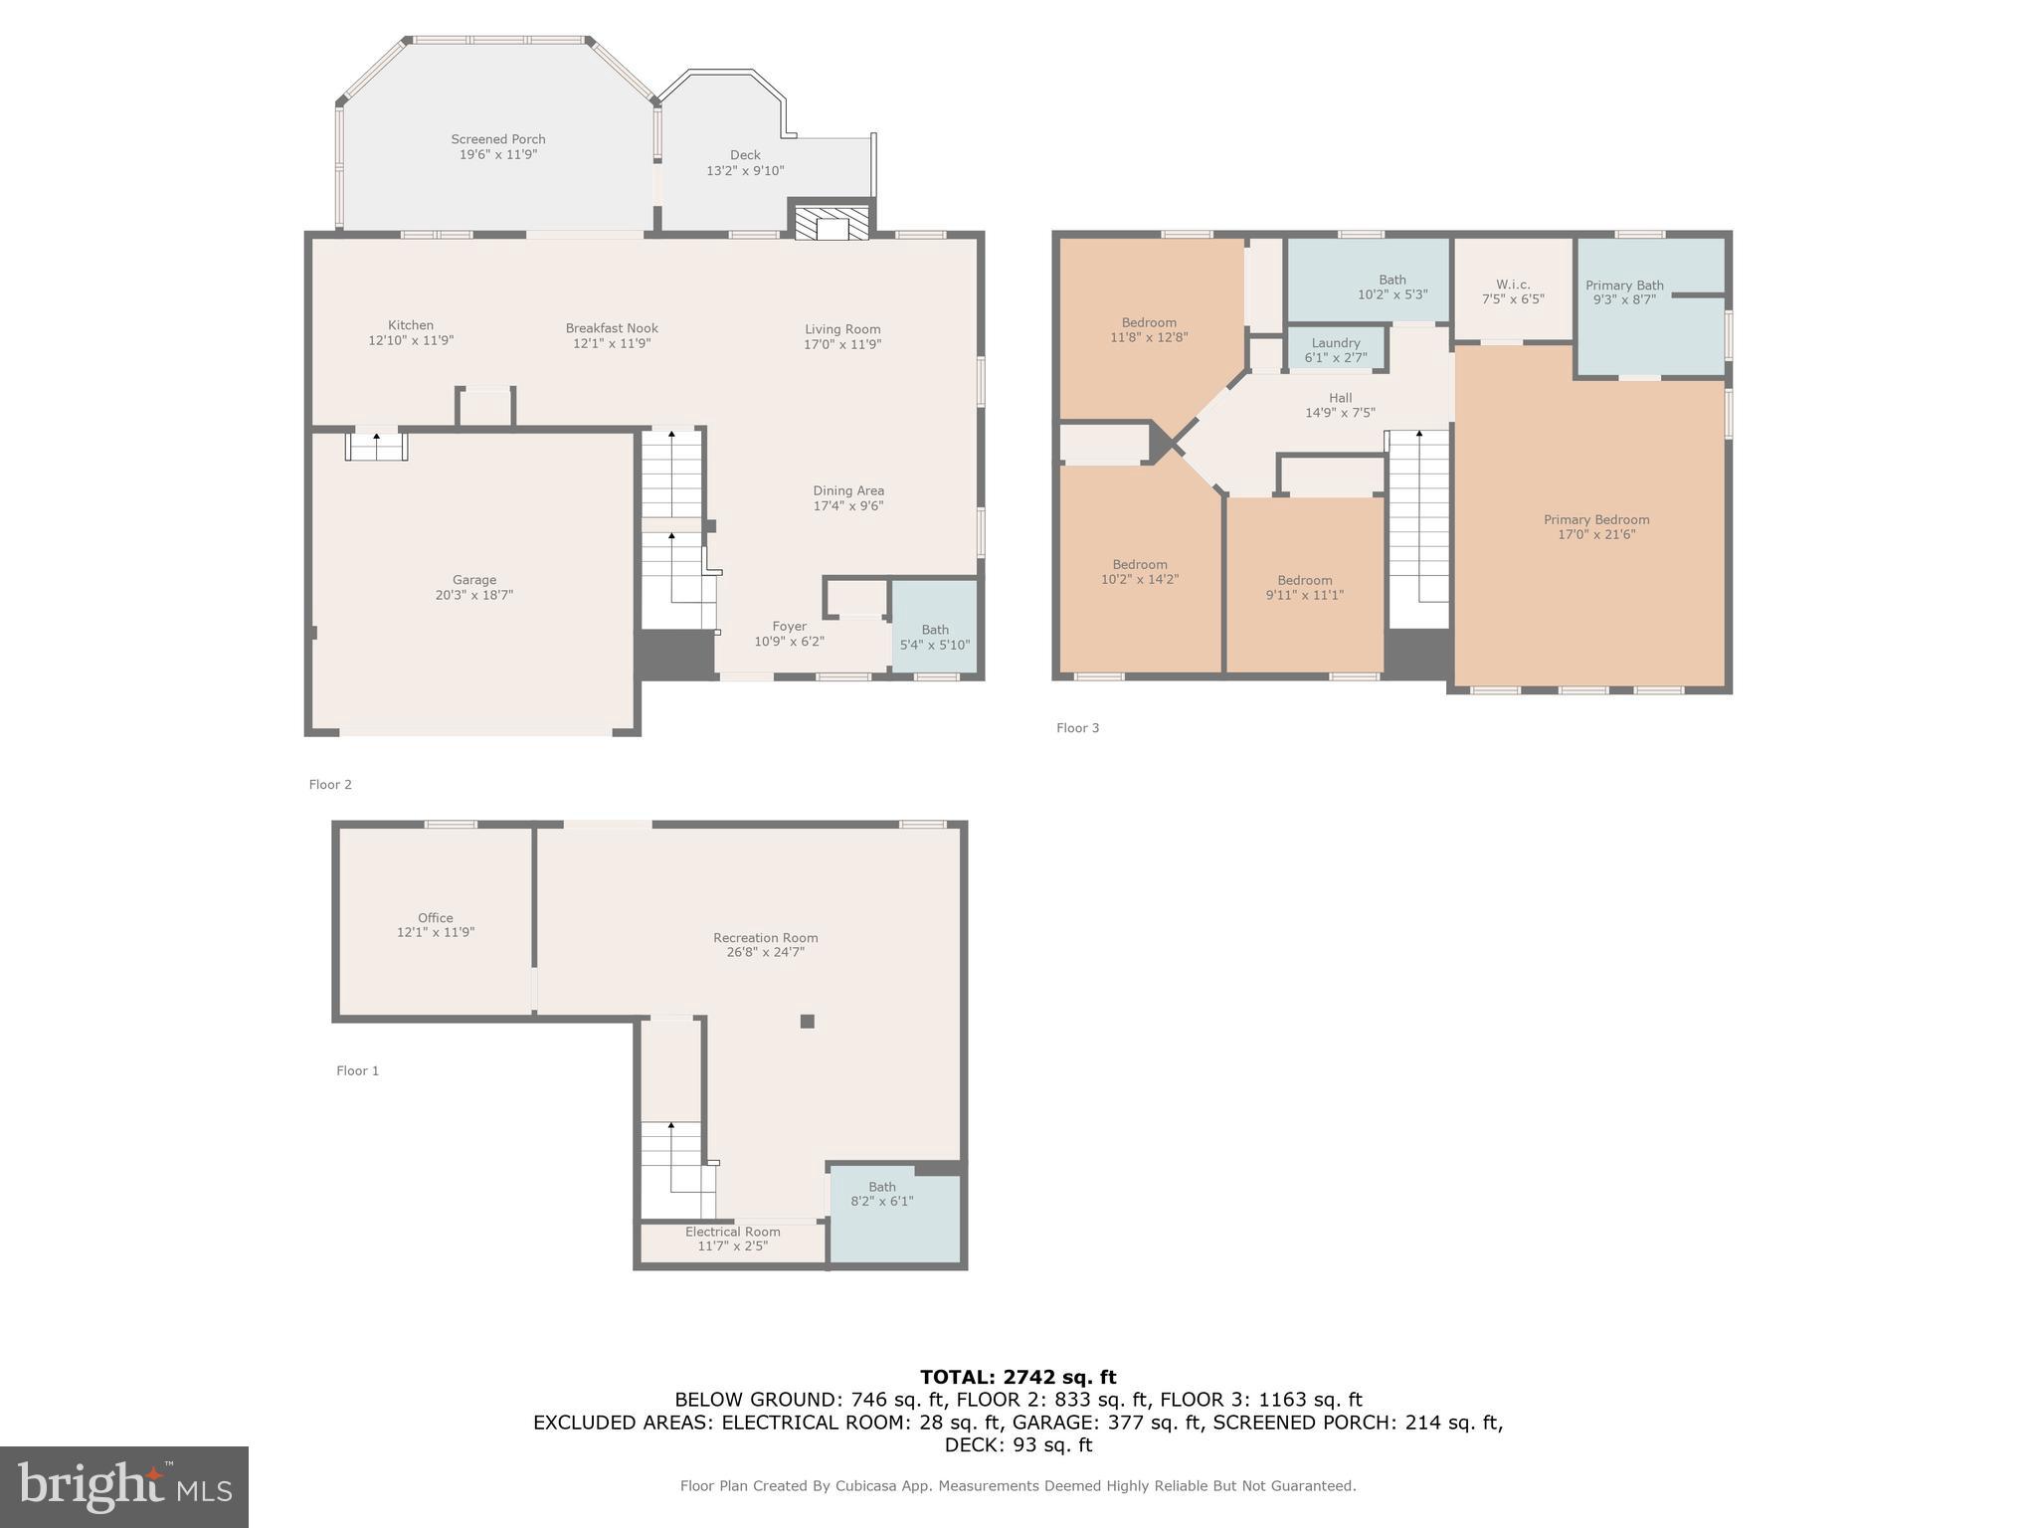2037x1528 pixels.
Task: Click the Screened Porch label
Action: point(497,139)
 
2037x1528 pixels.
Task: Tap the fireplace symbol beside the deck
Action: point(831,224)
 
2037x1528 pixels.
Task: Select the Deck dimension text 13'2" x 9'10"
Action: point(745,171)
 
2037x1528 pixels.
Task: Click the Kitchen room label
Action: point(411,325)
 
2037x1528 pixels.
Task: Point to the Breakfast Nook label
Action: point(612,328)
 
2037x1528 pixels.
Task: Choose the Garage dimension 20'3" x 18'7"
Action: point(474,595)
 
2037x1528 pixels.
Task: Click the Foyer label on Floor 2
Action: point(789,627)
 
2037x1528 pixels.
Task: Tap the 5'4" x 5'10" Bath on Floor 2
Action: point(934,637)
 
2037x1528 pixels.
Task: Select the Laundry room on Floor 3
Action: point(1336,349)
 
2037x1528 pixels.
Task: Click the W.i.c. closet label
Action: point(1512,285)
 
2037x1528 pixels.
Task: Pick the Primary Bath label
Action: point(1624,286)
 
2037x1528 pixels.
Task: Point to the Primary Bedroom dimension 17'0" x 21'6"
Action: point(1596,534)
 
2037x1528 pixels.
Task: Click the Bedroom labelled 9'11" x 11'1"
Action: point(1304,587)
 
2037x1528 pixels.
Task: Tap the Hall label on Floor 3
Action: point(1340,398)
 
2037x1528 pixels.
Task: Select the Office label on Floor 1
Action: point(435,918)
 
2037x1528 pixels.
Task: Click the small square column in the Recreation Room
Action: point(808,1021)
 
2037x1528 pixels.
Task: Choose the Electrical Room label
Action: point(732,1232)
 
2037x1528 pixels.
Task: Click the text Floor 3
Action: point(1077,728)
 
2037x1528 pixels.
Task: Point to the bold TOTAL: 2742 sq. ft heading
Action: point(1018,1377)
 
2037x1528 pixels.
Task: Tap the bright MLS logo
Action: point(124,1486)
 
